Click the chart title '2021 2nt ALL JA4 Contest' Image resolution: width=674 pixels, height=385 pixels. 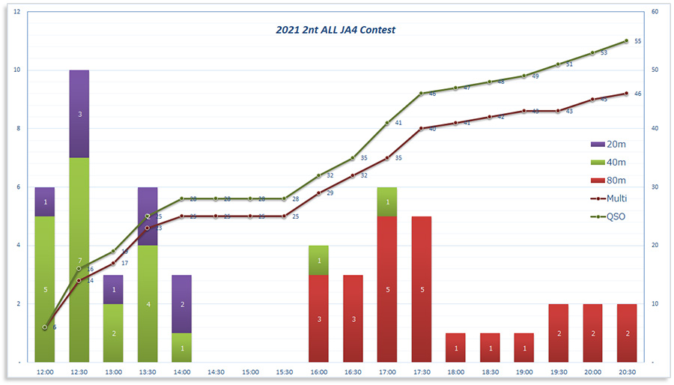[336, 30]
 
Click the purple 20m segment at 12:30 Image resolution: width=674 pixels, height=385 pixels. [79, 114]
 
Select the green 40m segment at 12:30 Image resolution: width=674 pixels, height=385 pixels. [79, 260]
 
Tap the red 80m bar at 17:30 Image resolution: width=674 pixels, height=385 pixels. [422, 289]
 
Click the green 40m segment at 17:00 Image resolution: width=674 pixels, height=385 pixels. [387, 201]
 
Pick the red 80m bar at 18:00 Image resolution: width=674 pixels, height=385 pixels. [456, 348]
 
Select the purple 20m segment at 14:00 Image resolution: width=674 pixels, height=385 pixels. [181, 304]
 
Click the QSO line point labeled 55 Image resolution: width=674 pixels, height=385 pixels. [626, 40]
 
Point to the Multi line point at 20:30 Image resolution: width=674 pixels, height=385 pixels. [626, 94]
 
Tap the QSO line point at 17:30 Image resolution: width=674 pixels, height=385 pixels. [422, 94]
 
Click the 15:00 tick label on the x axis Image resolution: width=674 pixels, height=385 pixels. [250, 372]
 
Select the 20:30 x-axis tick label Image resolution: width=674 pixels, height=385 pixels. [626, 372]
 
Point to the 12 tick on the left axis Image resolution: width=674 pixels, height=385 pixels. [16, 12]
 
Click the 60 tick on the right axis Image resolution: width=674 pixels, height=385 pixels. [655, 12]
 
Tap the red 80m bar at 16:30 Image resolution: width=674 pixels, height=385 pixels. [353, 318]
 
